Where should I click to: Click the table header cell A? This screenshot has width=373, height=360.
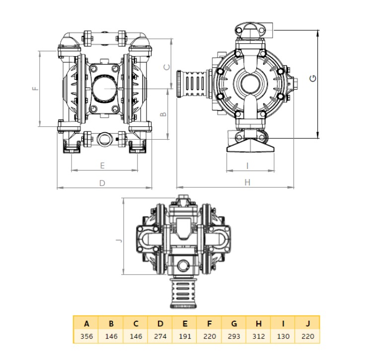[x=86, y=323]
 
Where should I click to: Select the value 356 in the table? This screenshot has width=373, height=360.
[x=86, y=336]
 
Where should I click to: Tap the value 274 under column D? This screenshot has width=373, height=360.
[x=160, y=336]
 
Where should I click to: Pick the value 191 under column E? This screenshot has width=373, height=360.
[x=185, y=336]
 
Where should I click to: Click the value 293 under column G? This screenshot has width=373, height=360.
[x=234, y=336]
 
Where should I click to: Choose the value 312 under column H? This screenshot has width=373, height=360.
[x=259, y=336]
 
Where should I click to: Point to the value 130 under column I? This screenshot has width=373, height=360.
[x=283, y=336]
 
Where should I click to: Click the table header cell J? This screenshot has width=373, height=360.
[x=307, y=323]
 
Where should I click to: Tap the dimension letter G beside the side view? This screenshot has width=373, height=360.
[x=313, y=78]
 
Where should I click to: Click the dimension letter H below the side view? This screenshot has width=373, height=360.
[x=247, y=182]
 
